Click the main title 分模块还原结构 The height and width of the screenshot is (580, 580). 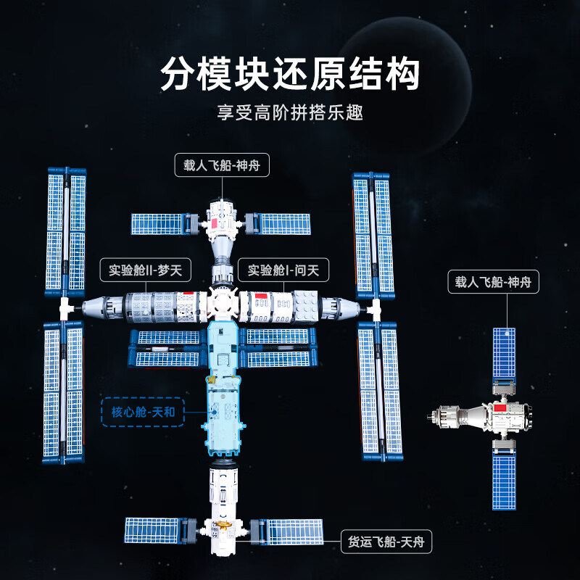tap(290, 75)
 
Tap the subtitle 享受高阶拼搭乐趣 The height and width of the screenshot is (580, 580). tap(290, 113)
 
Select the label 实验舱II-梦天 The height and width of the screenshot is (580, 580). tap(145, 271)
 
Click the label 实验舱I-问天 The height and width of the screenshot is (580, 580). tap(283, 271)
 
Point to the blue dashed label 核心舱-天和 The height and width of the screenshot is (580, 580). tap(143, 413)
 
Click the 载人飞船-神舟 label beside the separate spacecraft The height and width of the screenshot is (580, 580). tap(493, 282)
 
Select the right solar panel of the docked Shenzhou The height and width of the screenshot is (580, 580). tap(283, 223)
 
